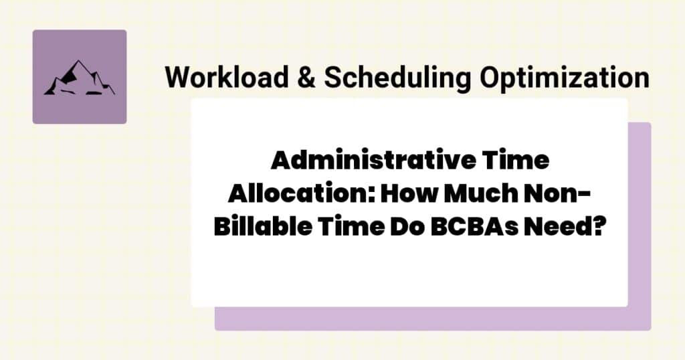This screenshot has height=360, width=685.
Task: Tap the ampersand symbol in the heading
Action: pyautogui.click(x=302, y=78)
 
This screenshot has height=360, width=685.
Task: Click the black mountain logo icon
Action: pyautogui.click(x=79, y=78)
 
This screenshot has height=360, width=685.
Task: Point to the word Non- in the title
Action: pyautogui.click(x=557, y=195)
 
